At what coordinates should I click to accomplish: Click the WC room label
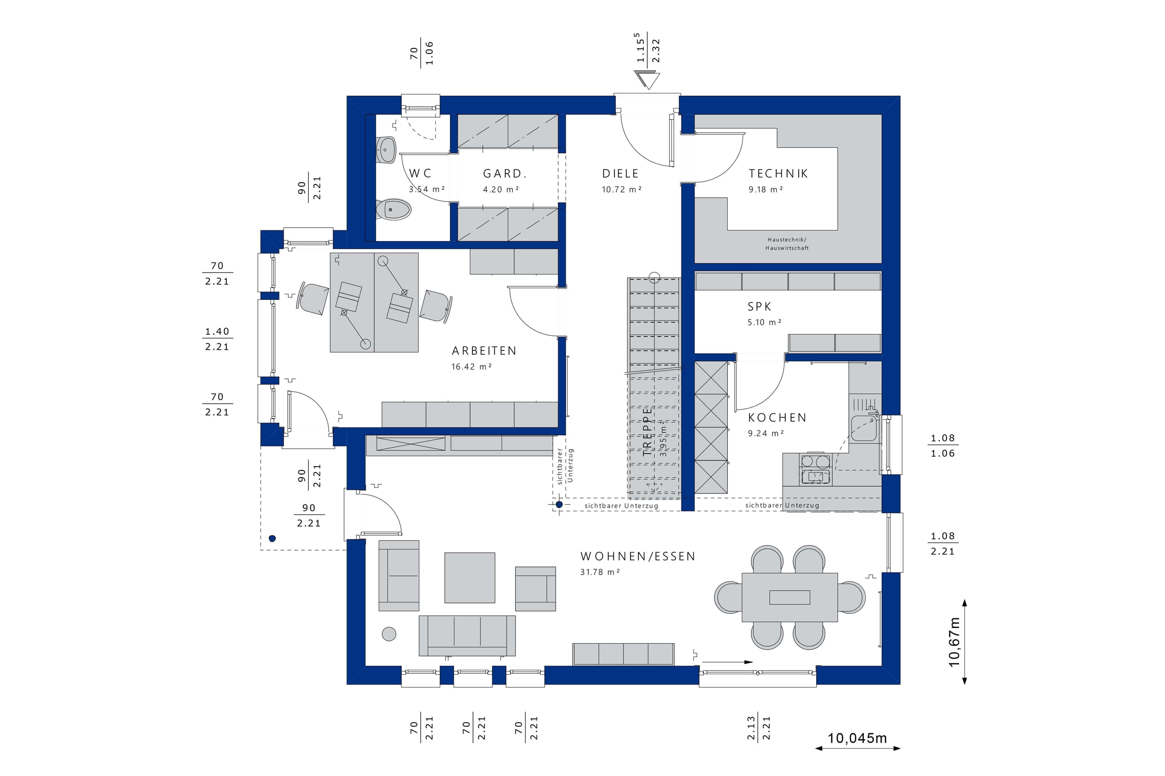420,173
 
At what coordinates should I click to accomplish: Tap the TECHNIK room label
778,174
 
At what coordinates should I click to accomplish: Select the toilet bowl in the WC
394,209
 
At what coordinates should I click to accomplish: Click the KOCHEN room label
777,418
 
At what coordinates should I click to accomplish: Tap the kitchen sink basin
864,429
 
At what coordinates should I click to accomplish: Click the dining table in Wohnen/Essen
790,597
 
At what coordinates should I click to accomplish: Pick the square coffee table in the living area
469,578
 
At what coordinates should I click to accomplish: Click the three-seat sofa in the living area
467,636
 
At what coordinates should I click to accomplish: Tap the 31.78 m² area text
600,572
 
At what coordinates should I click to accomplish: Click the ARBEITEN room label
484,351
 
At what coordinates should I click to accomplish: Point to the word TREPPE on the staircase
647,431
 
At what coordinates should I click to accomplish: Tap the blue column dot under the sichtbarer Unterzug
559,505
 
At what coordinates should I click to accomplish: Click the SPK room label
759,307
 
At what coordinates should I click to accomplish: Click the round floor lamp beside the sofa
389,634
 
